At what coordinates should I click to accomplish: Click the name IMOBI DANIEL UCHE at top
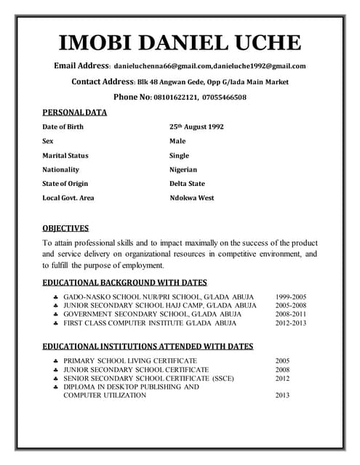click(x=180, y=41)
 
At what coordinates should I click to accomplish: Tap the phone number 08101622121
click(x=176, y=97)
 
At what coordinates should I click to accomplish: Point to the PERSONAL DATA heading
click(x=74, y=113)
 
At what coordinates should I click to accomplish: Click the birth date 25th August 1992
click(x=196, y=126)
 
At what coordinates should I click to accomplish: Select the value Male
click(x=177, y=141)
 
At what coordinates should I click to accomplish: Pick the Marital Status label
click(x=65, y=155)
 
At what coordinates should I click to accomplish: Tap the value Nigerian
click(x=183, y=169)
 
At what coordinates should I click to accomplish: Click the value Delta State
click(x=187, y=184)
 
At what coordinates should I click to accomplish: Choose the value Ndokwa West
click(x=192, y=198)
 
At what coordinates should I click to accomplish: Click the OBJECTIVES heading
click(x=65, y=228)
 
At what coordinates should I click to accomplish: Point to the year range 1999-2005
click(x=291, y=297)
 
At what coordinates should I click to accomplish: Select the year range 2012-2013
click(x=291, y=323)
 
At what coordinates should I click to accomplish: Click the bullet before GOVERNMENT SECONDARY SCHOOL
click(x=56, y=315)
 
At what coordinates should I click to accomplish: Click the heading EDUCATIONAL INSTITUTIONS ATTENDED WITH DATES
click(x=148, y=347)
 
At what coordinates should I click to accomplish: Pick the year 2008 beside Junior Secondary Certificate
click(x=282, y=369)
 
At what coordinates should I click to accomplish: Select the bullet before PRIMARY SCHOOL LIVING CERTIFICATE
click(x=56, y=360)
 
